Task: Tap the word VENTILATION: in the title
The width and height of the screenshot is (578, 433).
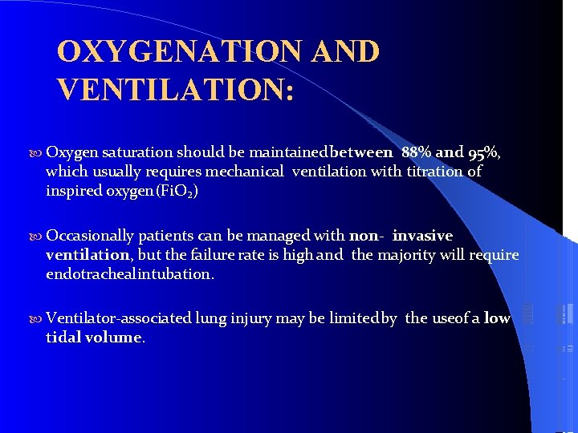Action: click(176, 88)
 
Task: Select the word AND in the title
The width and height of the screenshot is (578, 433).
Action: click(346, 52)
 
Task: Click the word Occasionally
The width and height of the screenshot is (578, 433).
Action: click(90, 236)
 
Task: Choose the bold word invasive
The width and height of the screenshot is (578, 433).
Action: click(422, 236)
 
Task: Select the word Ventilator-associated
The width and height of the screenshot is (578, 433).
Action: click(119, 318)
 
